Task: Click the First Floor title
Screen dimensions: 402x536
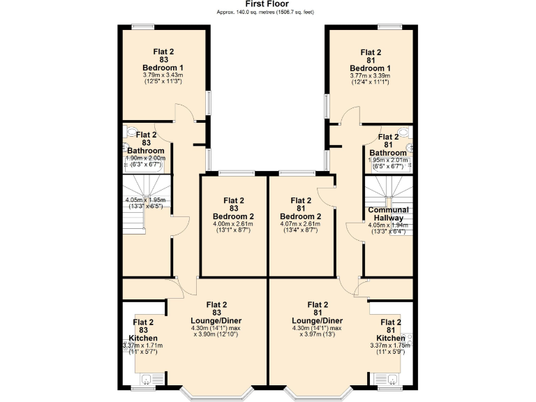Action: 267,4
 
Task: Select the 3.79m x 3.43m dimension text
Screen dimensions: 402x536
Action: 163,75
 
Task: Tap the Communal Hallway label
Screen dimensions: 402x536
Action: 388,214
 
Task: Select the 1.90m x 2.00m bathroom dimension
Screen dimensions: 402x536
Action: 145,158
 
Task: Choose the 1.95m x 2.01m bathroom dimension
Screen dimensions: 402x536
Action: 388,160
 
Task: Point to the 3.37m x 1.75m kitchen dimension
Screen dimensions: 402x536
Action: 390,345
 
